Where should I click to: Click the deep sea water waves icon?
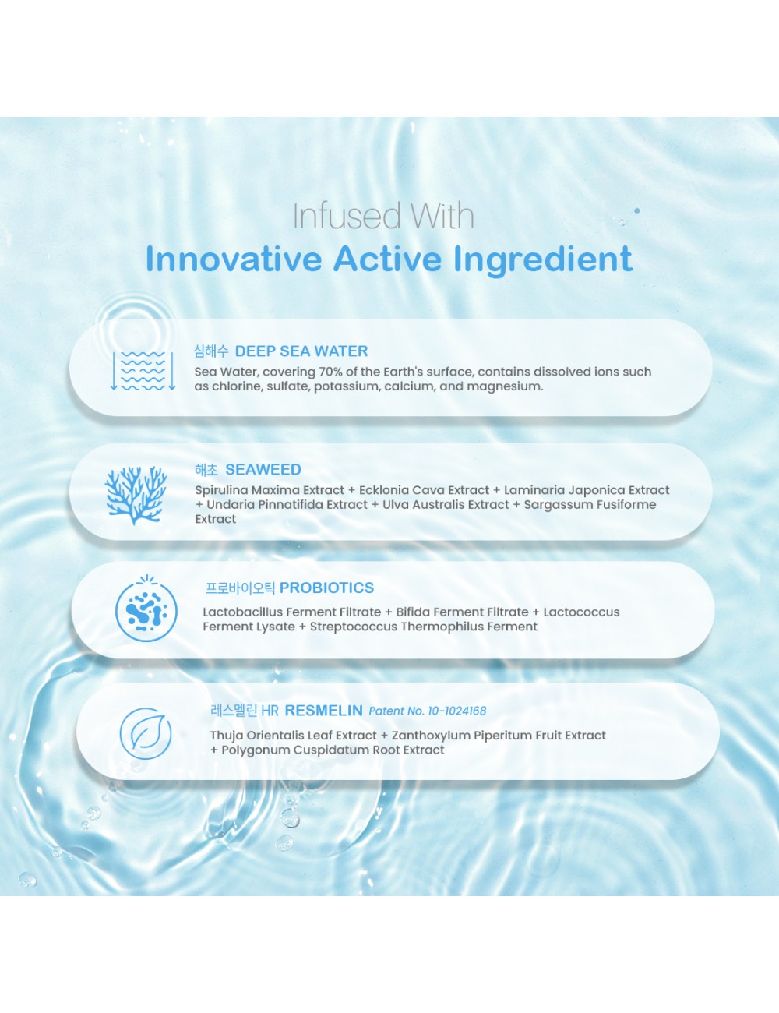[x=143, y=371]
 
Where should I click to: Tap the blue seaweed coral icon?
[x=136, y=495]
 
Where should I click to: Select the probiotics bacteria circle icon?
[x=146, y=609]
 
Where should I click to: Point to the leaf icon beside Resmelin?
[x=146, y=733]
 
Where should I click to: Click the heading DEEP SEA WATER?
[x=301, y=351]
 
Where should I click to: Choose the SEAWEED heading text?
[x=263, y=469]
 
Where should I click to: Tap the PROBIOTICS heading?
[x=326, y=588]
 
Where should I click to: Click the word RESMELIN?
[x=324, y=711]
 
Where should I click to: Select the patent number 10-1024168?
[x=457, y=711]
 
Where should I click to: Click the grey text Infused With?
[x=383, y=216]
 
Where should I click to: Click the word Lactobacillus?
[x=243, y=612]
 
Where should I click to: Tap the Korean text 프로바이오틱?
[x=241, y=588]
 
